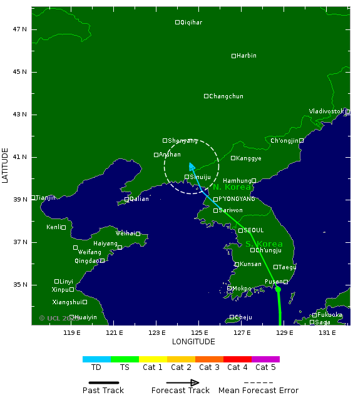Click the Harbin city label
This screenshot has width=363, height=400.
click(247, 56)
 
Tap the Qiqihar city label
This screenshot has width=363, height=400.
click(191, 23)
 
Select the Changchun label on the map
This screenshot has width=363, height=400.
click(226, 96)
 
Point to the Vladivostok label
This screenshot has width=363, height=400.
click(327, 111)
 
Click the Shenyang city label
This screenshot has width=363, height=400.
click(183, 141)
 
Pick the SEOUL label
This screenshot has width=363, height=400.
click(253, 230)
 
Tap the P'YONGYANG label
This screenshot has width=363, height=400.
click(237, 199)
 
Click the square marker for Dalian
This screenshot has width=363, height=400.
click(126, 200)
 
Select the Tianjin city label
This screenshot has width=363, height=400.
click(46, 198)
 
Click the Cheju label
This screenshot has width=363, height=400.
click(243, 317)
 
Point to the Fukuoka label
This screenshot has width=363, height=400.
click(330, 315)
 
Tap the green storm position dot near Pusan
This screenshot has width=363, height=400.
click(278, 289)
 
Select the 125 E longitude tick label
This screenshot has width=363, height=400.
click(200, 332)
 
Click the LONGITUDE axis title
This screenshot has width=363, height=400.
click(193, 342)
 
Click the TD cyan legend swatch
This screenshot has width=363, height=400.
click(96, 359)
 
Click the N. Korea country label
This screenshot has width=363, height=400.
click(232, 187)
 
